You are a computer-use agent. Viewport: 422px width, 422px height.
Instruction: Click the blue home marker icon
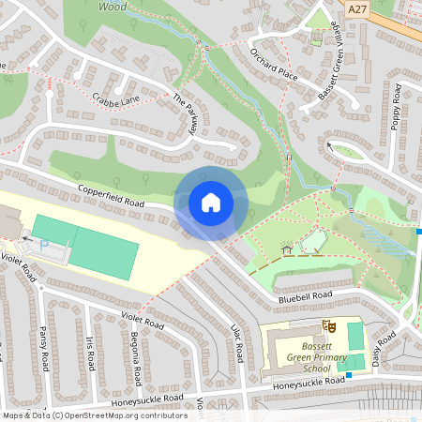tap(211, 203)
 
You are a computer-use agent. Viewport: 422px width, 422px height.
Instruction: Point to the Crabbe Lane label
tap(116, 98)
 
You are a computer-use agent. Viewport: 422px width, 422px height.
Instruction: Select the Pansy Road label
tap(43, 346)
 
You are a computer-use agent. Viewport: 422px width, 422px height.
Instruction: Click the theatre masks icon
tap(329, 324)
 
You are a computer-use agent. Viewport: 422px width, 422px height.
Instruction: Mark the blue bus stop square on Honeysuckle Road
tap(348, 376)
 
